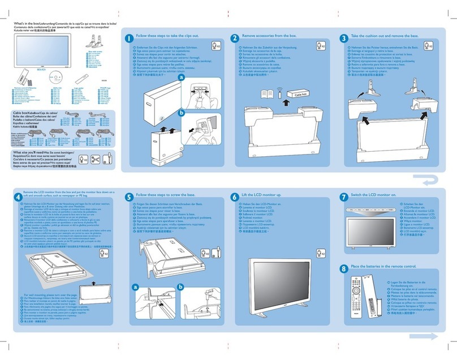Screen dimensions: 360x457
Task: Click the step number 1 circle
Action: pos(129,38)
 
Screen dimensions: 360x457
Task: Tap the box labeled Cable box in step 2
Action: pos(298,96)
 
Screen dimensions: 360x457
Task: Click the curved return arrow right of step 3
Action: pos(435,181)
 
